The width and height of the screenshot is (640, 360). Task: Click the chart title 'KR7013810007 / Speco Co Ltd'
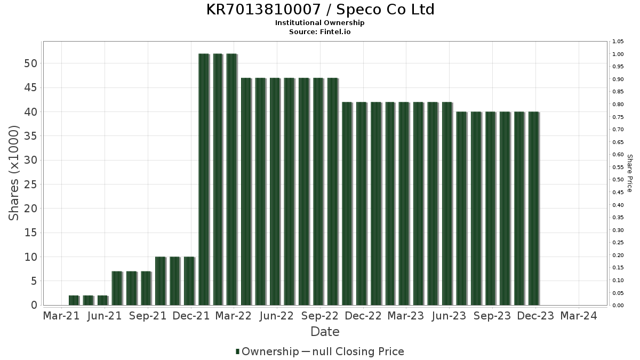coord(320,10)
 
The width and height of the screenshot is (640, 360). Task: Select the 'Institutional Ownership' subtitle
coord(320,23)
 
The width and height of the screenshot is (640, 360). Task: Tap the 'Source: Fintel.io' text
coord(320,31)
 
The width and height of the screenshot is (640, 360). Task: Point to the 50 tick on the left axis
coord(30,63)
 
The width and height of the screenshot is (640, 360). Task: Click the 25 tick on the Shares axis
coord(30,185)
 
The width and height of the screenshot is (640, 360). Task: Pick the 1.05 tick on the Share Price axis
coord(619,42)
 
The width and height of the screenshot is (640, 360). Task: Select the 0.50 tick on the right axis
coord(619,180)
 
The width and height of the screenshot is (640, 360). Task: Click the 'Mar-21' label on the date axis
coord(61,316)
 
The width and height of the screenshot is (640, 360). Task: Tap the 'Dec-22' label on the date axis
coord(363,316)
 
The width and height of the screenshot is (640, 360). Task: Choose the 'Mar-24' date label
coord(579,316)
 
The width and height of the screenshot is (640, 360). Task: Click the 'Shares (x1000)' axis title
coord(14,173)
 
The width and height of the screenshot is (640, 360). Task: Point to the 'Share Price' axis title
coord(629,173)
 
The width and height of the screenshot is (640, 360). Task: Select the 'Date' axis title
coord(325,332)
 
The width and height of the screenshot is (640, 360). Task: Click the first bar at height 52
coord(204,179)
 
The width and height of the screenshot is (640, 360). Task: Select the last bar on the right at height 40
coord(533,208)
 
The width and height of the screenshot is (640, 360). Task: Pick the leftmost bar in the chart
coord(74,300)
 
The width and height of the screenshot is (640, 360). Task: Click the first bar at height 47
coord(246,191)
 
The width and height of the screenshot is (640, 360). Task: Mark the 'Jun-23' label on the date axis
coord(449,316)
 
